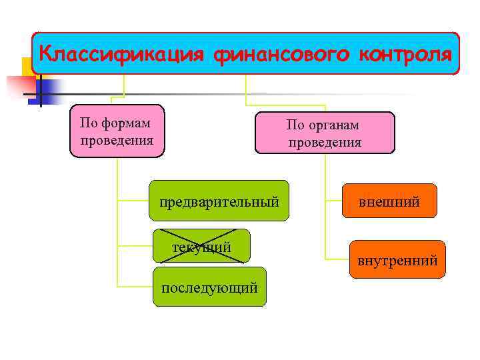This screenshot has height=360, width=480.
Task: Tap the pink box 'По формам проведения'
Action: (117, 131)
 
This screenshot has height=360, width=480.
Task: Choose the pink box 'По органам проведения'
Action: (324, 133)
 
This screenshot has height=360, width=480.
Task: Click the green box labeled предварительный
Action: (219, 200)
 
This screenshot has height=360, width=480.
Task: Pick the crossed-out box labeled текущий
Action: (201, 247)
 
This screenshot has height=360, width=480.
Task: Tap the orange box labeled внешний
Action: (389, 201)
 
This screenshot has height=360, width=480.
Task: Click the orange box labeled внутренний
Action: (397, 259)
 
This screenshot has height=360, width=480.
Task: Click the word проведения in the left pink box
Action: (117, 140)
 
